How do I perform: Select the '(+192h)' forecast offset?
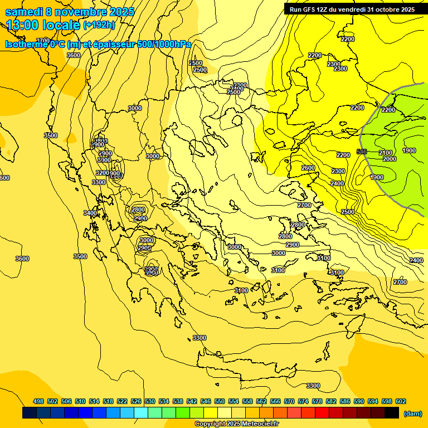pyautogui.click(x=99, y=25)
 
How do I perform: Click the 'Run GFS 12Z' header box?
pyautogui.click(x=352, y=9)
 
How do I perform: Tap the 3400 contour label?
pyautogui.click(x=90, y=213)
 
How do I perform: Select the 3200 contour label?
pyautogui.click(x=102, y=173)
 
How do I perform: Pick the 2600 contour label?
pyautogui.click(x=308, y=168)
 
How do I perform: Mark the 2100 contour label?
pyautogui.click(x=386, y=153)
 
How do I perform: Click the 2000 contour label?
pyautogui.click(x=390, y=159)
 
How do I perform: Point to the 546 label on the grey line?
pyautogui.click(x=362, y=152)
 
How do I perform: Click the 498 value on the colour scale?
pyautogui.click(x=38, y=401)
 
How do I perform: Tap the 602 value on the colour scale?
pyautogui.click(x=401, y=401)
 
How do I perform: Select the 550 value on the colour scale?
pyautogui.click(x=220, y=401)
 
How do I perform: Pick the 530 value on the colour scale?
pyautogui.click(x=150, y=401)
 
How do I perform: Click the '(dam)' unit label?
pyautogui.click(x=413, y=414)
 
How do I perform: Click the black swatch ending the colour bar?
pyautogui.click(x=392, y=413)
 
